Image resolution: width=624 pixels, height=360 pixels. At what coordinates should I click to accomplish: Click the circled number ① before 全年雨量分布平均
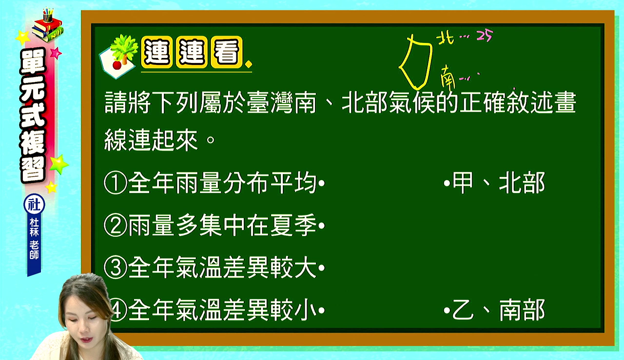pyautogui.click(x=116, y=183)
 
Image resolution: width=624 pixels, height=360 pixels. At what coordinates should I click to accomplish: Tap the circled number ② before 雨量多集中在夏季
pyautogui.click(x=116, y=225)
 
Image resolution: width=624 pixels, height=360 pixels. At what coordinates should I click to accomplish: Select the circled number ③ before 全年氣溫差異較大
pyautogui.click(x=116, y=268)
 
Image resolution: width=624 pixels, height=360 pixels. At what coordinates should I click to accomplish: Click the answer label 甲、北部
pyautogui.click(x=499, y=183)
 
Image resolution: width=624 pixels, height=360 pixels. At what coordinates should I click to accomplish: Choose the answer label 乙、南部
pyautogui.click(x=499, y=310)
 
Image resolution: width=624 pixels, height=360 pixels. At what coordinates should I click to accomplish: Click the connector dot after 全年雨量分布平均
pyautogui.click(x=321, y=183)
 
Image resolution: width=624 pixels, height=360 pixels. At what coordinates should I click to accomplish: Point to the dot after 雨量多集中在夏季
pyautogui.click(x=321, y=225)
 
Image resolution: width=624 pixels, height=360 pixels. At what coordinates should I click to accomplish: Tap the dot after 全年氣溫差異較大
pyautogui.click(x=321, y=268)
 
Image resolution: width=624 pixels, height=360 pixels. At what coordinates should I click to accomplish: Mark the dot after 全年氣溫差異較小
pyautogui.click(x=321, y=310)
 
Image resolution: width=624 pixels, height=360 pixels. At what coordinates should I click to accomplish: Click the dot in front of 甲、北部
pyautogui.click(x=447, y=183)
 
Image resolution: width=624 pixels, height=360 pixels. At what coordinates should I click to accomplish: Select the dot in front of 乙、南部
pyautogui.click(x=447, y=310)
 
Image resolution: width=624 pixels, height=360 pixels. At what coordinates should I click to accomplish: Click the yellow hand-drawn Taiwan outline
pyautogui.click(x=430, y=56)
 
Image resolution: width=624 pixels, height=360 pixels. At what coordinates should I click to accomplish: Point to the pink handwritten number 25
pyautogui.click(x=485, y=36)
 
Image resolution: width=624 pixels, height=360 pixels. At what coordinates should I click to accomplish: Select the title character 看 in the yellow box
pyautogui.click(x=227, y=52)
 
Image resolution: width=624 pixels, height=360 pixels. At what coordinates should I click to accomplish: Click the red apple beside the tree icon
pyautogui.click(x=117, y=65)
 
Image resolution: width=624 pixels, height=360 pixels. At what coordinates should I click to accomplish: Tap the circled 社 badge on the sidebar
pyautogui.click(x=34, y=204)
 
